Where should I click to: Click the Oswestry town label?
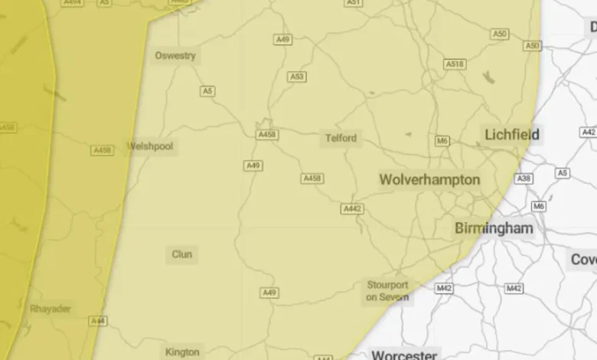[175, 56]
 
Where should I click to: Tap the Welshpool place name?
[151, 146]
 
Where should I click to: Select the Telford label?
[340, 139]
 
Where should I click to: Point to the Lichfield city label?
[512, 135]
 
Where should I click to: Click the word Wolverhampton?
[429, 180]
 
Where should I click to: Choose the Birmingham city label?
[494, 228]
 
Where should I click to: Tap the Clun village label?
[182, 254]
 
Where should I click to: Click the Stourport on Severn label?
[387, 290]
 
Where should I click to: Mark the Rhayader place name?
[51, 309]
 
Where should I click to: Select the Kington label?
[182, 352]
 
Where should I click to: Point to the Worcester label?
[404, 355]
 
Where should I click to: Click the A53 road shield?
[297, 77]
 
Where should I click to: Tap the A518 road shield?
[455, 64]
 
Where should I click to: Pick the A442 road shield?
[352, 209]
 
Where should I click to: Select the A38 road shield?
[524, 178]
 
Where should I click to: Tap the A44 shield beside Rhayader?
[97, 322]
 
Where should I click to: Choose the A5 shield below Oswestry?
[207, 91]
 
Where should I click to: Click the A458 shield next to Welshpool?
[103, 150]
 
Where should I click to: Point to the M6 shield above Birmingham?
[540, 207]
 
